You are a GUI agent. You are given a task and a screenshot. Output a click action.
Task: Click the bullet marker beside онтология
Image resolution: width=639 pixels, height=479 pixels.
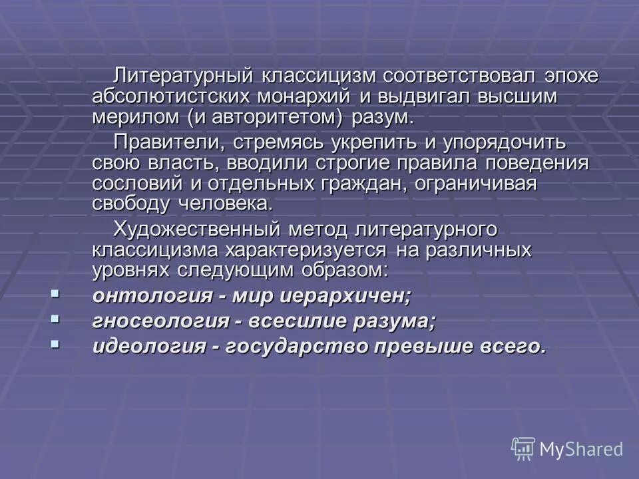coord(55,293)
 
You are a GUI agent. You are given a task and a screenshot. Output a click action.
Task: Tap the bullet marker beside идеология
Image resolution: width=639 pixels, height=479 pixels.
coord(55,344)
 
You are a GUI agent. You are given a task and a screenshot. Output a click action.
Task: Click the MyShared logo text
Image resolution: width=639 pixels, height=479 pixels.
coord(581,449)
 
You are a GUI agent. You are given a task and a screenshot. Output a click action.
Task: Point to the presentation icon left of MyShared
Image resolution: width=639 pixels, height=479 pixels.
coord(523,448)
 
